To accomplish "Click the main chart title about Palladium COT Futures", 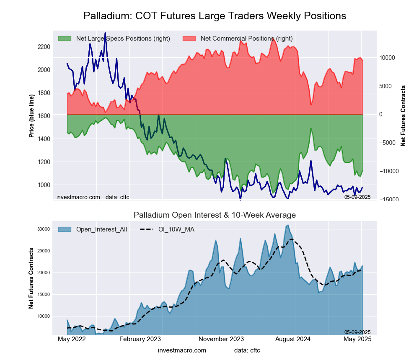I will tap(215, 16).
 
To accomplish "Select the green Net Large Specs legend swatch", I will tap(65, 39).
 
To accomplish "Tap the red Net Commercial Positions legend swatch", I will tap(189, 39).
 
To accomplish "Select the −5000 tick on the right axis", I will tap(388, 143).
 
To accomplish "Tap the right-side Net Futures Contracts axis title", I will tap(403, 116).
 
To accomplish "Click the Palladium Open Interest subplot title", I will tap(215, 215).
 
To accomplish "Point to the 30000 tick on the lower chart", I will tap(44, 229).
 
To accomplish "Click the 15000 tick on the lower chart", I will tap(44, 294).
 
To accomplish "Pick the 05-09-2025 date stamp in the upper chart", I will tap(357, 197).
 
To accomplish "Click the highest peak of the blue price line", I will tap(105, 33).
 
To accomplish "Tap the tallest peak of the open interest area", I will tap(288, 225).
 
